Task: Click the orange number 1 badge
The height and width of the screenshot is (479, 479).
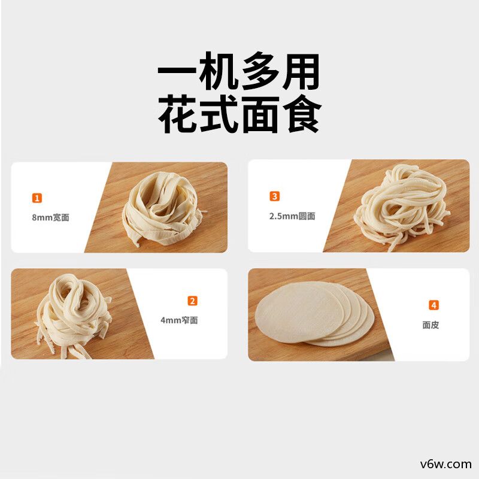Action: [x=37, y=198]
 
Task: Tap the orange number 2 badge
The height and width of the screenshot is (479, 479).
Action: [x=192, y=301]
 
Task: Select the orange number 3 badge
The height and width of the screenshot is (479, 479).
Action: [x=275, y=196]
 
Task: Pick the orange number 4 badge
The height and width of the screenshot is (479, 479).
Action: [x=434, y=305]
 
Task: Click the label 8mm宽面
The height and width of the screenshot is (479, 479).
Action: [x=50, y=217]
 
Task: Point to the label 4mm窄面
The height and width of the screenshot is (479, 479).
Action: [x=179, y=320]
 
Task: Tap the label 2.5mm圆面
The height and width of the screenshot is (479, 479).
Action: [x=292, y=216]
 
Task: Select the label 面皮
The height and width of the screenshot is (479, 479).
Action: [x=431, y=325]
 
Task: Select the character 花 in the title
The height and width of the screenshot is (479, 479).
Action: [x=178, y=116]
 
